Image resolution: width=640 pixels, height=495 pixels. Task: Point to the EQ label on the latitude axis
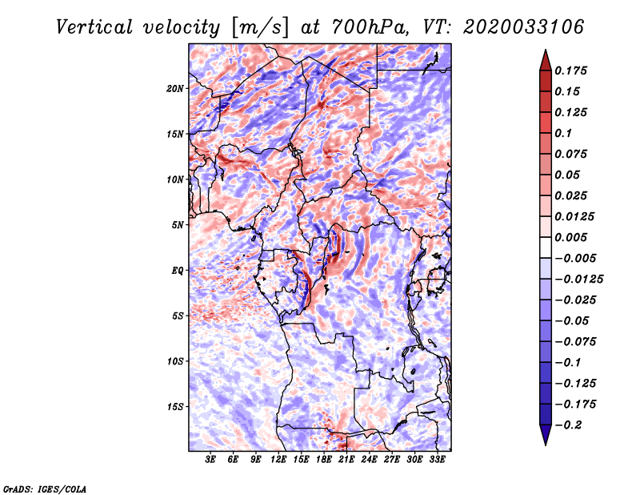pos(178,271)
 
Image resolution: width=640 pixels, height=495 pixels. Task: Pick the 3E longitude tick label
pos(211,461)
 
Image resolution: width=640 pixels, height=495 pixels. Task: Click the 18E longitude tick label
pos(324,461)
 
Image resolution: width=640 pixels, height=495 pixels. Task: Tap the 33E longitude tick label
pos(437,461)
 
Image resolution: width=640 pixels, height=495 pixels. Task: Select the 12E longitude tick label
pos(278,461)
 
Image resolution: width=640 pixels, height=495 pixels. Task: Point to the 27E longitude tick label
pos(392,461)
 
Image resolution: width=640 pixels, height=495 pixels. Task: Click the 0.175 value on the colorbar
pos(573,70)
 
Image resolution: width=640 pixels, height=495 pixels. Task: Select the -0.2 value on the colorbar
pos(570,425)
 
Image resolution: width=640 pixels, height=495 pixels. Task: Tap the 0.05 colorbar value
pos(570,175)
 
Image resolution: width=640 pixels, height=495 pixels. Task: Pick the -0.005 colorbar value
pos(576,258)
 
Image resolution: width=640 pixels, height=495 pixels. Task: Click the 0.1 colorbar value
pos(566,133)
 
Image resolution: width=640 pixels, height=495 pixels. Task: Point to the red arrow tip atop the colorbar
pos(545,56)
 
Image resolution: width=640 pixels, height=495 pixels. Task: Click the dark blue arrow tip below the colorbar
pos(545,438)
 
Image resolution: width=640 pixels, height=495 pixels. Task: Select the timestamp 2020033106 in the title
pos(517,27)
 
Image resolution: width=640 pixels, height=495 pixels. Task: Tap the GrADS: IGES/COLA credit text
pos(44,488)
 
